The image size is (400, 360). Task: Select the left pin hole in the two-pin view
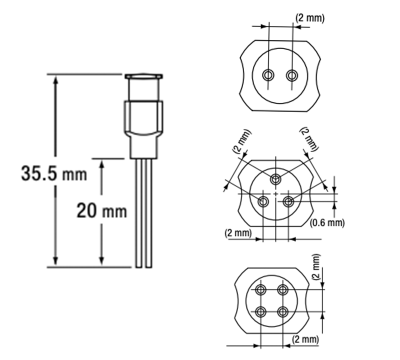pyautogui.click(x=269, y=76)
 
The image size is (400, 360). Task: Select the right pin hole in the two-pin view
pyautogui.click(x=292, y=76)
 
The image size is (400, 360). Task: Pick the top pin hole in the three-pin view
pyautogui.click(x=277, y=179)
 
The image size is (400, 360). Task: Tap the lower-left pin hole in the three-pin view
pyautogui.click(x=264, y=201)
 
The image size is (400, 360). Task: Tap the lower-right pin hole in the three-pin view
pyautogui.click(x=289, y=201)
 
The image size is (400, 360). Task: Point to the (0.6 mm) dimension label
pyautogui.click(x=327, y=222)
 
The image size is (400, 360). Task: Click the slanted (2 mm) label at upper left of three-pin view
pyautogui.click(x=239, y=142)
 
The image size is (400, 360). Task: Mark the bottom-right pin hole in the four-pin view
pyautogui.click(x=286, y=311)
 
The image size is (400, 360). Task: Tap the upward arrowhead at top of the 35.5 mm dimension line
pyautogui.click(x=56, y=78)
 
